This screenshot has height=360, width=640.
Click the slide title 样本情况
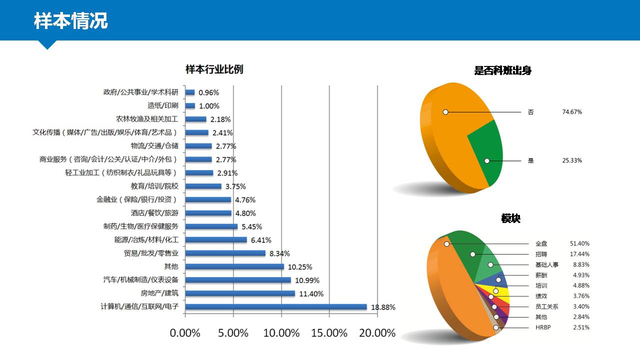point(70,20)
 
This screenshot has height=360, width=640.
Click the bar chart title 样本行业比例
point(214,69)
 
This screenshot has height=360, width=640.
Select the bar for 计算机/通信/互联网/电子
point(276,307)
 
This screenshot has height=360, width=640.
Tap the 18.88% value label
point(383,307)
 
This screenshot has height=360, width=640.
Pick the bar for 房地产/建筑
point(240,293)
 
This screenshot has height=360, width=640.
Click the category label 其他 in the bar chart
point(171,266)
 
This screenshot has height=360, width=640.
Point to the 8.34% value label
point(279,253)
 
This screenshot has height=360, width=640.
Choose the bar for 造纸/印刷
point(190,105)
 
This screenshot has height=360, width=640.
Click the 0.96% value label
point(208,92)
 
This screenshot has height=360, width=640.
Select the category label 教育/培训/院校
point(154,186)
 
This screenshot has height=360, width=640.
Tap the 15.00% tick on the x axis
point(329,333)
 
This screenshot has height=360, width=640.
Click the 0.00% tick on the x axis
point(185,333)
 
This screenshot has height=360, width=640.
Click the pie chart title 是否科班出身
point(503,70)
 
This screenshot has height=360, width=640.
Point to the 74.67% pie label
point(572,112)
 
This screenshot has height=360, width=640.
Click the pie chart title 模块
point(511,218)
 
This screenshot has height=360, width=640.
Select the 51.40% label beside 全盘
point(579,243)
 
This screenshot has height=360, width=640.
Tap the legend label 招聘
point(541,254)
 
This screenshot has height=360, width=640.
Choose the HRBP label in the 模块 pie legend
point(543,327)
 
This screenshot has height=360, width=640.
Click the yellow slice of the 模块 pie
point(500,293)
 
